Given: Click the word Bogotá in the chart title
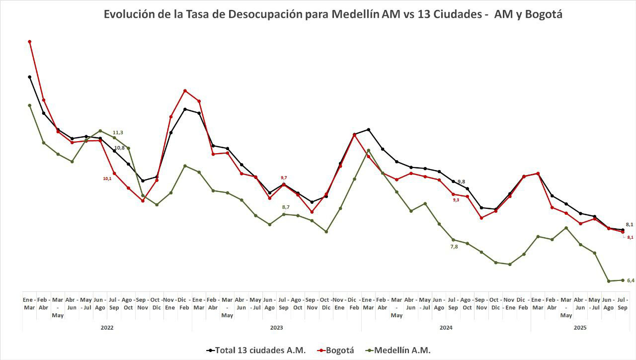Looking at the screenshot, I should [542, 14].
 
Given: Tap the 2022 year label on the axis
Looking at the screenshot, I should [107, 328].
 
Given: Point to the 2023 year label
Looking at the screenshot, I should [277, 328].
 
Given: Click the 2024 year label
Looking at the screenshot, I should [446, 328].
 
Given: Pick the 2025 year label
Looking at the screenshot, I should [580, 328].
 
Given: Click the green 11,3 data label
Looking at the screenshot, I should [118, 132].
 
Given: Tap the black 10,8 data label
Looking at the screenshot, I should [120, 148].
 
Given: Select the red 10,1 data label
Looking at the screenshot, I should [107, 178].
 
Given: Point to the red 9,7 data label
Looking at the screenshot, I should [284, 178].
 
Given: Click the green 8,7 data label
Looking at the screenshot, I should [286, 207].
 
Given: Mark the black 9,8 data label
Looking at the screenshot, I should [461, 181].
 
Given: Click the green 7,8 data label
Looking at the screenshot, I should [454, 247].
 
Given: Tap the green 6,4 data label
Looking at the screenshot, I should [631, 281].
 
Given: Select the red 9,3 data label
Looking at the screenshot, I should [456, 200].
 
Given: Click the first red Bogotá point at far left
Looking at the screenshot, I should [30, 42].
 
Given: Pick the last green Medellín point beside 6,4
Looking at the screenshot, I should [623, 280].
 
